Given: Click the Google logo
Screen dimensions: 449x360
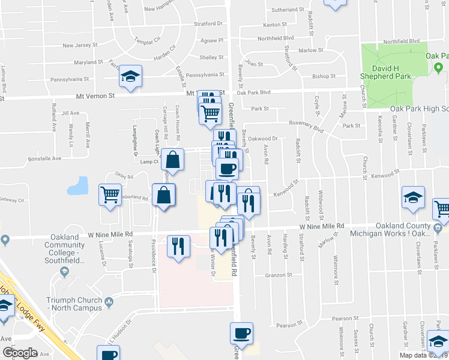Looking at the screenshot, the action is (19, 353).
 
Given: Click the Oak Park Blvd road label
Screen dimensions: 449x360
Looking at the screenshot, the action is (254, 92).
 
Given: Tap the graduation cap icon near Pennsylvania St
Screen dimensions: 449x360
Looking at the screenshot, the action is (130, 77).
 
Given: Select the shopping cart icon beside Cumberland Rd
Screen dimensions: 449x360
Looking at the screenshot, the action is (110, 194).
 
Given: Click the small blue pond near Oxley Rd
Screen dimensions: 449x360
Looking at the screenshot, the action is (78, 187).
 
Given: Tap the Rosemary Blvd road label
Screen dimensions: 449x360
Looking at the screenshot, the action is (306, 124).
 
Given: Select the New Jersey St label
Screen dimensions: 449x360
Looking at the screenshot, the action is (80, 46).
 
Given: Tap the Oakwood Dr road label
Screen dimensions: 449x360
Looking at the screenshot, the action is (265, 138).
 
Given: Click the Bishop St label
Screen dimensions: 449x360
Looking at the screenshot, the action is (324, 77).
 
